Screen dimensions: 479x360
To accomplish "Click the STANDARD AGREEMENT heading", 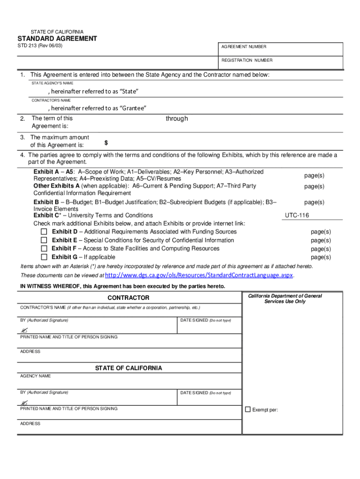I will pos(57,39).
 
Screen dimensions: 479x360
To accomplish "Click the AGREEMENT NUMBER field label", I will pos(244,47).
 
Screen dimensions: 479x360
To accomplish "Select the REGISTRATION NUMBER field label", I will pos(247,60).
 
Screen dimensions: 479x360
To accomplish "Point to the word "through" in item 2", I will pos(177,119).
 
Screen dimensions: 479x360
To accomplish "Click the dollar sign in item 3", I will pos(106,142).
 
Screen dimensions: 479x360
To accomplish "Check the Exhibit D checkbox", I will pos(44,232).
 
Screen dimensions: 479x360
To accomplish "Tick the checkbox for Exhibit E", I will pos(44,240).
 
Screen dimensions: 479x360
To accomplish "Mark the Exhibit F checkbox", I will pos(44,249).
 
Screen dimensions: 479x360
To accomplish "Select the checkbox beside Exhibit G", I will pos(44,257).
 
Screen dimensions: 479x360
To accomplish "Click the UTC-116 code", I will pos(297,216).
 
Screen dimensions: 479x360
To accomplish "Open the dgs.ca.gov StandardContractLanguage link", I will pos(199,275).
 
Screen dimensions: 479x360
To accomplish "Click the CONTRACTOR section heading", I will pos(129,298).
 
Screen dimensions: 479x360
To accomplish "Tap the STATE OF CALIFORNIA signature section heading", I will pos(129,368).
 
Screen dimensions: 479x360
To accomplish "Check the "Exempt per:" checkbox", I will pos(248,410).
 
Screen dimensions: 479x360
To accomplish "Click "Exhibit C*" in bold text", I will pos(47,216).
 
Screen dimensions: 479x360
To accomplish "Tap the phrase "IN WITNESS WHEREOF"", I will pos(47,286).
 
